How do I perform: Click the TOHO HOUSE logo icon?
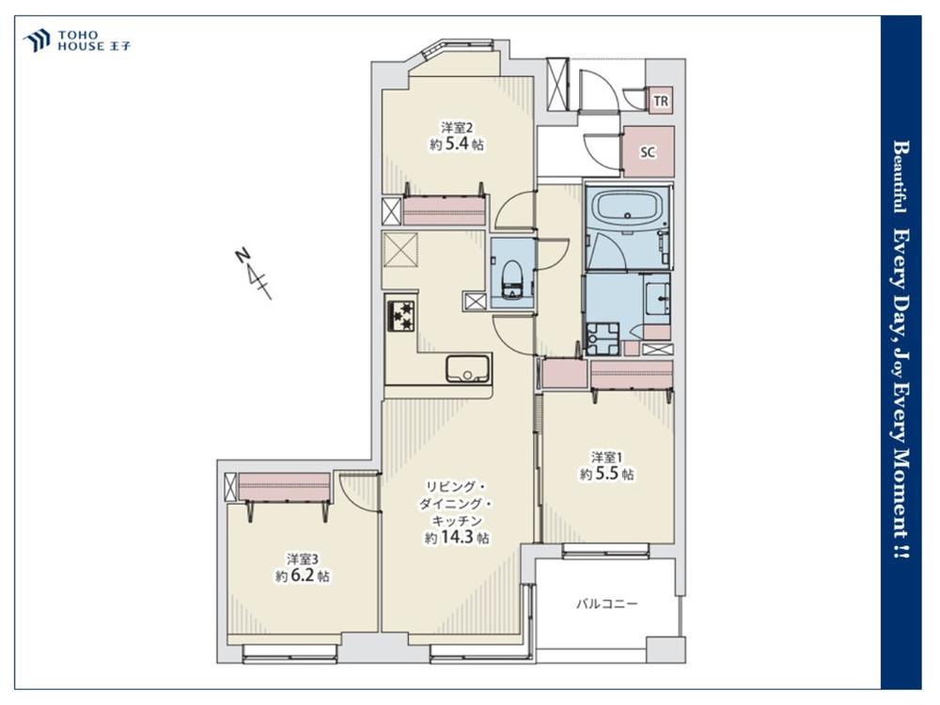(x=37, y=40)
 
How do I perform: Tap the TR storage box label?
(x=661, y=102)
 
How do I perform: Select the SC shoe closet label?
(x=648, y=152)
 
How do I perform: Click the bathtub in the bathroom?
(x=627, y=208)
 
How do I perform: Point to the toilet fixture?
(x=512, y=280)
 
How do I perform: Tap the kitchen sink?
(x=468, y=369)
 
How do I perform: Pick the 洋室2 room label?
(x=458, y=127)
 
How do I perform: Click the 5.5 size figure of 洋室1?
(x=606, y=474)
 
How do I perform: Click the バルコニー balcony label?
(x=606, y=603)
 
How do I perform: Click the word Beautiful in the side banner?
(x=900, y=177)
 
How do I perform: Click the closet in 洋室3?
(x=285, y=486)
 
